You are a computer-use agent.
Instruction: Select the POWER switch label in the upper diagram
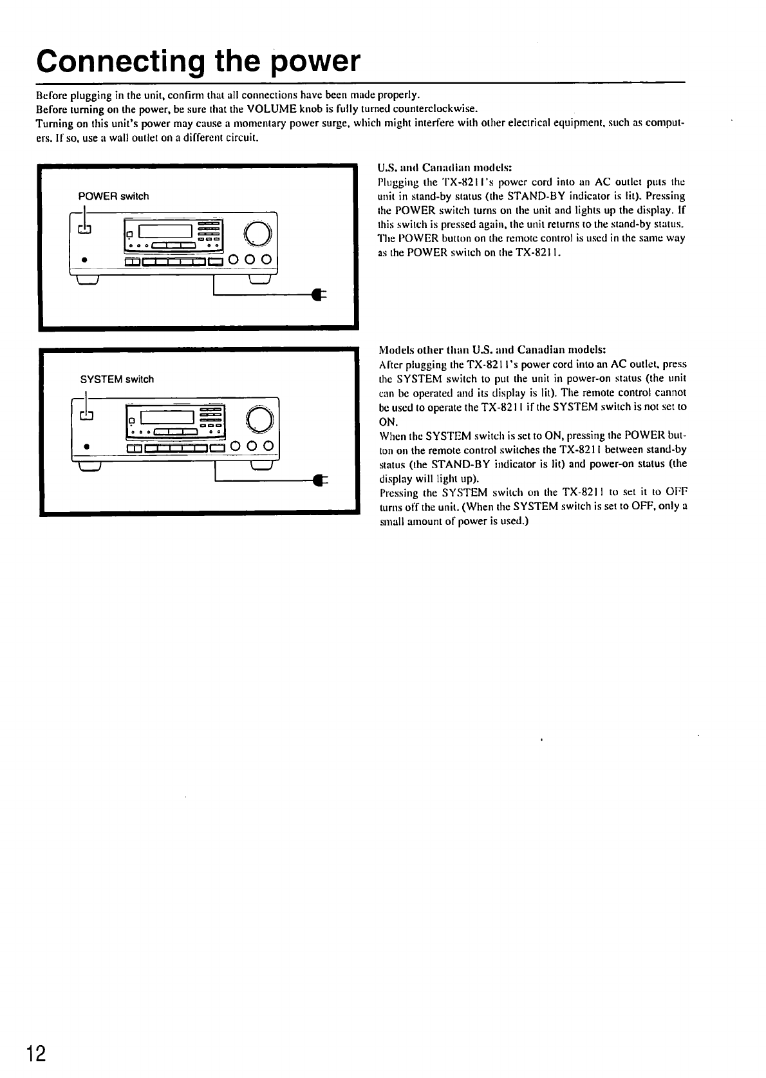[113, 196]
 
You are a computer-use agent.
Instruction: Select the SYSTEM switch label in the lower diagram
[117, 379]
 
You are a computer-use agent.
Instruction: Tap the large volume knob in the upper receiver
[256, 232]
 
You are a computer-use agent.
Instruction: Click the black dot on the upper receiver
[85, 261]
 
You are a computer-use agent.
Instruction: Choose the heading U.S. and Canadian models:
[444, 167]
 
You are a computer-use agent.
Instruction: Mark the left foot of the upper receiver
[87, 279]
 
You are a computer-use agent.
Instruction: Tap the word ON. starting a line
[389, 422]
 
